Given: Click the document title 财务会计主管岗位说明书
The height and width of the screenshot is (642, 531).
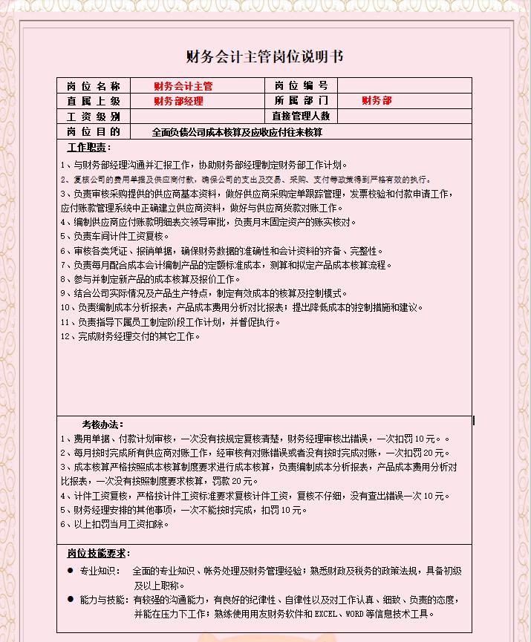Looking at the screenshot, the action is tap(264, 57).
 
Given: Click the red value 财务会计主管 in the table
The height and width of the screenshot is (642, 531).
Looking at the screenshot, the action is tap(183, 86).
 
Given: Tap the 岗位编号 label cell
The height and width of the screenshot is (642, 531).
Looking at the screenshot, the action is tap(301, 86).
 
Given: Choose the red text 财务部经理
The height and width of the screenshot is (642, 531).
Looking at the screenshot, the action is tap(178, 101).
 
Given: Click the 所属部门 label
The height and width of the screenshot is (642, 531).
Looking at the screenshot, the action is tap(301, 101).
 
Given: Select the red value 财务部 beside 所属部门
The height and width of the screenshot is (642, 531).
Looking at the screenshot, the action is tap(377, 101).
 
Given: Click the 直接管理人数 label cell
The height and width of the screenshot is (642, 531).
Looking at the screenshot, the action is tap(301, 117).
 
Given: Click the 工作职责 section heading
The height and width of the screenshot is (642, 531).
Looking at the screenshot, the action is tap(88, 148).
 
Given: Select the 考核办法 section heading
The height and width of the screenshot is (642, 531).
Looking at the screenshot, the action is tap(102, 425).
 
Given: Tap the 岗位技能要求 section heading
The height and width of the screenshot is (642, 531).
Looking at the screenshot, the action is tap(98, 554).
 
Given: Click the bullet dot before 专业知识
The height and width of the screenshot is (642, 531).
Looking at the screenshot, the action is tap(71, 571).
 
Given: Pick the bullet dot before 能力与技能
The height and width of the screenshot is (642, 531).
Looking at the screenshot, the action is tap(71, 599).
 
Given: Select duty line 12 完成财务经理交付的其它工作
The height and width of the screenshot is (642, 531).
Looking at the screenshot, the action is tap(131, 336).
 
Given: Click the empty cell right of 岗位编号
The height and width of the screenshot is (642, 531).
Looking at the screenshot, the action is tap(404, 86).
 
